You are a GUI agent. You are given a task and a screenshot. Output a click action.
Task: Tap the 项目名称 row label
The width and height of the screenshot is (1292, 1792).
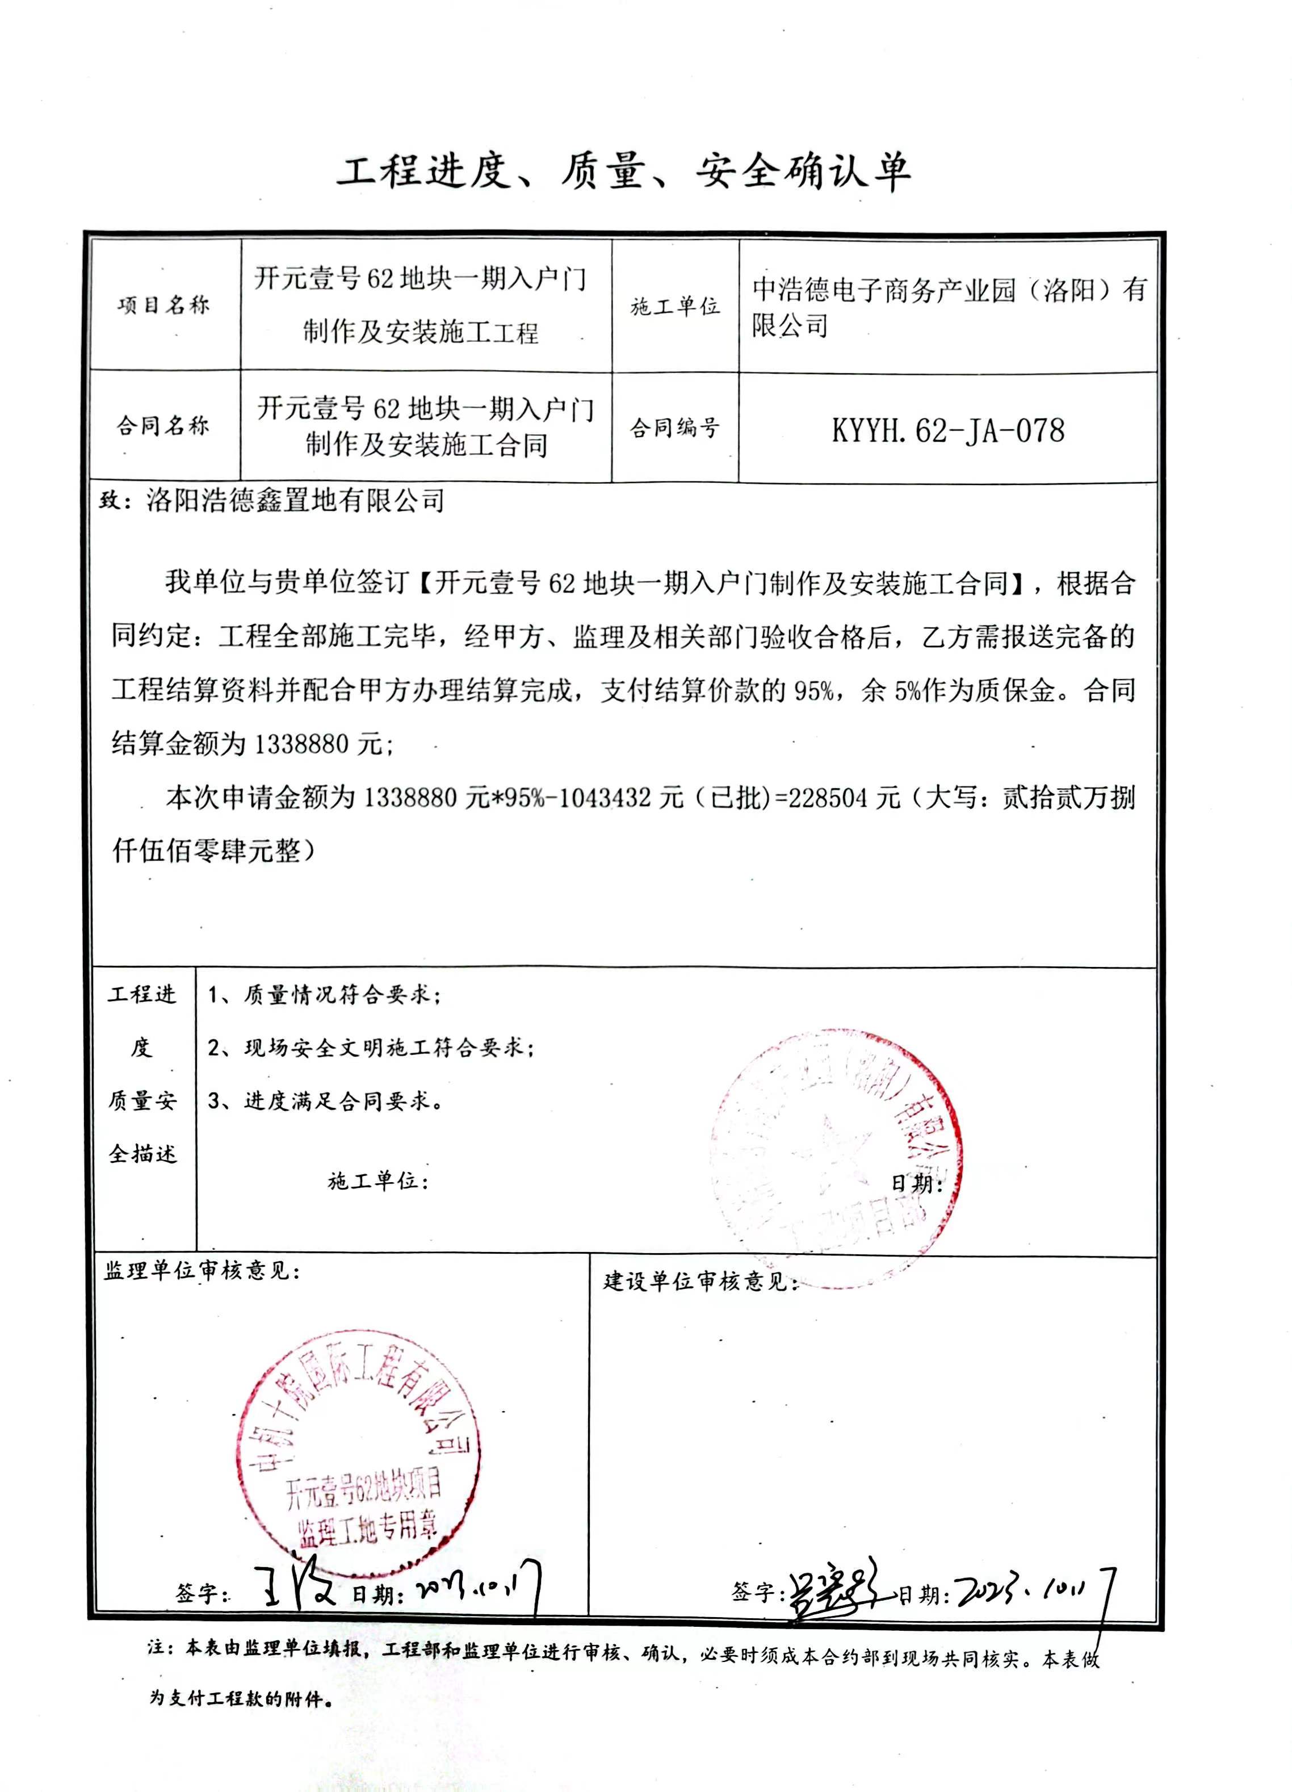point(163,305)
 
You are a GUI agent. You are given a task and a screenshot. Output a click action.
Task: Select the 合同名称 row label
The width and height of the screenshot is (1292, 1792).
point(163,426)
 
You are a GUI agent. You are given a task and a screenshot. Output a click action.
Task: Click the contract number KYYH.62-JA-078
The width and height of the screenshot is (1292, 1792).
point(947,430)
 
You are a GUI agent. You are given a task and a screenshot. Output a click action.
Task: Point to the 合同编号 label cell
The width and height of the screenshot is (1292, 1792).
point(674,428)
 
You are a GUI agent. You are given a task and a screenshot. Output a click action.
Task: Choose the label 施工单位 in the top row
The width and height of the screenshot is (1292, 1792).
point(674,307)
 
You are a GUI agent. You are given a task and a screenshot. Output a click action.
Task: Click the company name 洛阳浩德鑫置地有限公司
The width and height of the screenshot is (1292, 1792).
point(295,501)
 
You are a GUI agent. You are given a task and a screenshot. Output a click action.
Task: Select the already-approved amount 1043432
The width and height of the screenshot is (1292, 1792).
point(607,798)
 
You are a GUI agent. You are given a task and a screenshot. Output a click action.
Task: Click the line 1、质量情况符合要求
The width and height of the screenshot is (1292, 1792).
point(324,995)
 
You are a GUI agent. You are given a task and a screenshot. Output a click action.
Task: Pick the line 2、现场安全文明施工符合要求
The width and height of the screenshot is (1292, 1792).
point(371,1048)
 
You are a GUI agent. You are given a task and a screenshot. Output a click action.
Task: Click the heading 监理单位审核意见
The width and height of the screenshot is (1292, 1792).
point(202,1271)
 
